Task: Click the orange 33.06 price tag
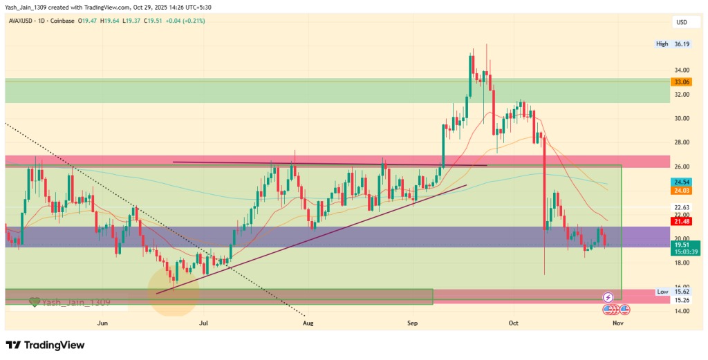(681, 82)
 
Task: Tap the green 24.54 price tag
(681, 182)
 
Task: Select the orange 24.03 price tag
(681, 191)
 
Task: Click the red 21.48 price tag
(681, 221)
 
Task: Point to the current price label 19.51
(681, 245)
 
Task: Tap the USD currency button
(682, 22)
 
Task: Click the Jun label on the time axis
(103, 323)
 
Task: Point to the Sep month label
(413, 323)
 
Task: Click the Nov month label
(617, 323)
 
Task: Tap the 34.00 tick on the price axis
(681, 70)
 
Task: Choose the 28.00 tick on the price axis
(681, 142)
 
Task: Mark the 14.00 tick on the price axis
(681, 311)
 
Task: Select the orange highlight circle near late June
(174, 292)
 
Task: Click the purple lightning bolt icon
(608, 297)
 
